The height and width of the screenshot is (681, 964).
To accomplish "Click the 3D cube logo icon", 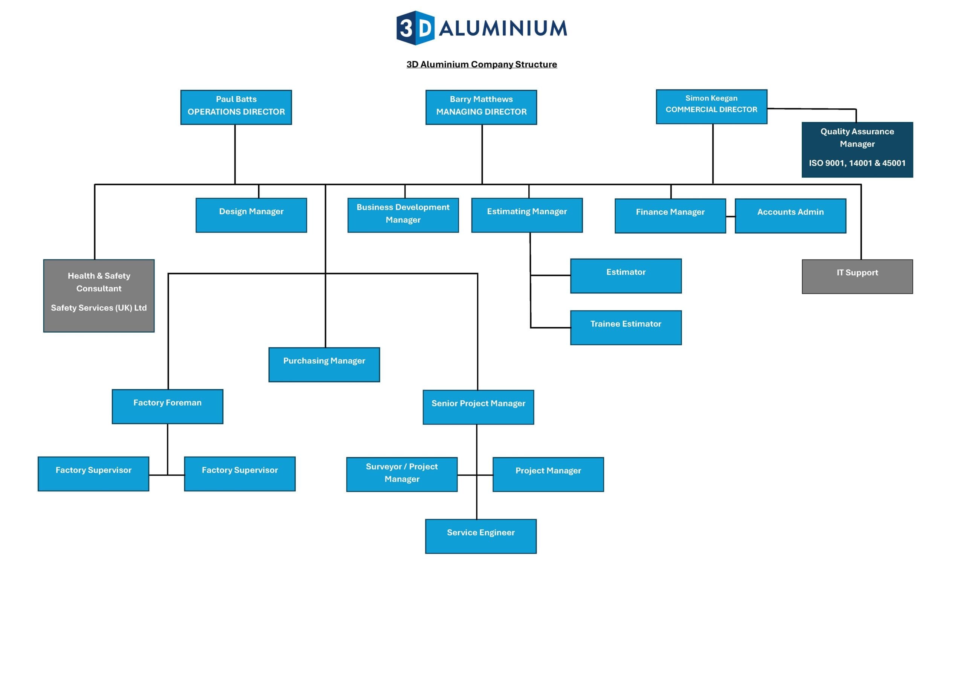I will (415, 28).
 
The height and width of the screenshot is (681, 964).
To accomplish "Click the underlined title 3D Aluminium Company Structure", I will (482, 64).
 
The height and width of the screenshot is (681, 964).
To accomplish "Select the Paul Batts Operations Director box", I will (236, 107).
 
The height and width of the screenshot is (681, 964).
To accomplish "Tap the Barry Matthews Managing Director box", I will (481, 107).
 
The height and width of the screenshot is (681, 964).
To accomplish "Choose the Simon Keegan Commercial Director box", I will (711, 106).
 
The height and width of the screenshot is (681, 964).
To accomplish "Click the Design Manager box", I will (251, 215).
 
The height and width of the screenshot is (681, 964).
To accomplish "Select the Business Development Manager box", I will (403, 215).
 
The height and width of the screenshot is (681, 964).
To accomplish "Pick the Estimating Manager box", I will (527, 215).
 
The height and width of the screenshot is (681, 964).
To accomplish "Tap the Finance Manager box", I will (670, 216).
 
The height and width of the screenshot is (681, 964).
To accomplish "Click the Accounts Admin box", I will (790, 216).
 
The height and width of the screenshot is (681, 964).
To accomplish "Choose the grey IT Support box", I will (857, 277).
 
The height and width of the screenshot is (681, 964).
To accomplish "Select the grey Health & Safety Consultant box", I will (99, 295).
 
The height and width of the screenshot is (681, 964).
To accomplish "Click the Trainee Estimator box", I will (625, 327).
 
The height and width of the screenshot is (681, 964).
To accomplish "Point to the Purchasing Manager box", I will (324, 364).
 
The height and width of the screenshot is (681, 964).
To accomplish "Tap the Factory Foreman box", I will (168, 406).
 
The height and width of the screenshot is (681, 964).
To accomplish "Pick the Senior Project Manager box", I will (478, 407).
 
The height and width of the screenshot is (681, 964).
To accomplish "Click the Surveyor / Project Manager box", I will (402, 474).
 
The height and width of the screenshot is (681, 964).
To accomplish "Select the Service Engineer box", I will (481, 536).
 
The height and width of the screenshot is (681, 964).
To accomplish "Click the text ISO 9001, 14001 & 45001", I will (857, 163).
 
